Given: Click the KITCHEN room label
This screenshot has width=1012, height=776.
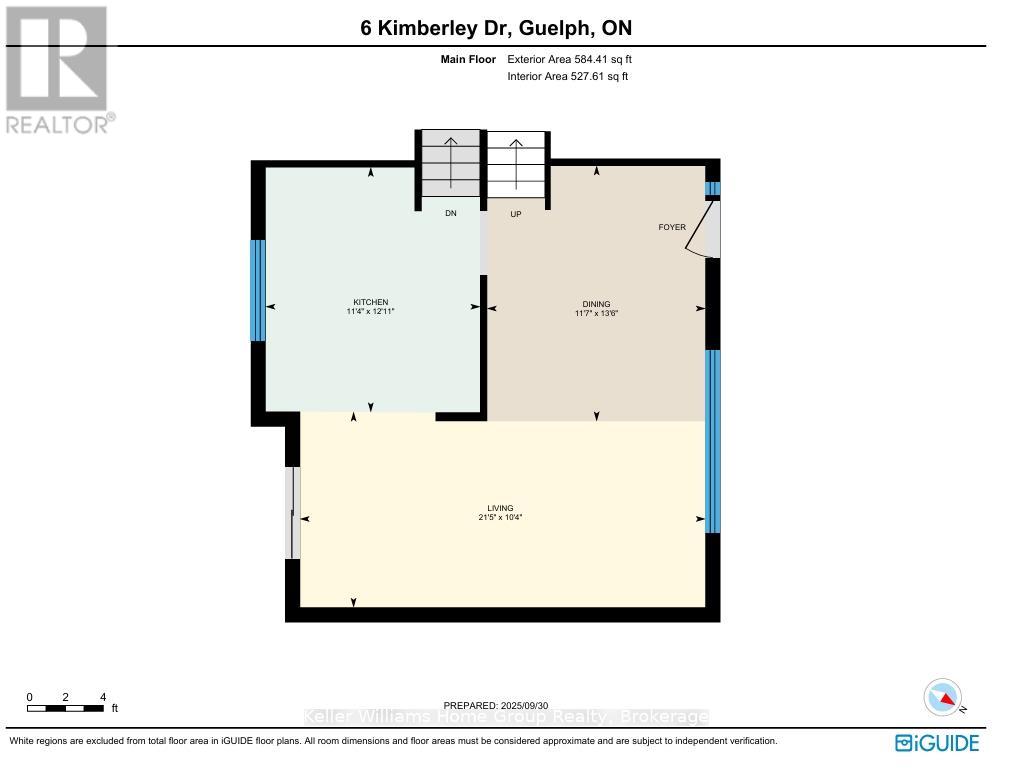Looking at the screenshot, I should (x=370, y=302).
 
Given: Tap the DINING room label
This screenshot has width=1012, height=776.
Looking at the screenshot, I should (x=596, y=304).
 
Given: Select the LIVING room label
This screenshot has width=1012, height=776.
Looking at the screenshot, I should (x=500, y=508).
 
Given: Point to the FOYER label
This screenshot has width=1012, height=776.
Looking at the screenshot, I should (x=672, y=227).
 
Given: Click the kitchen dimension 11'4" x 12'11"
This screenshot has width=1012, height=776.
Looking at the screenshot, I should (x=370, y=312).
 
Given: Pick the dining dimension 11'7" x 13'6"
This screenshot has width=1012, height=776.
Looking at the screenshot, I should (x=596, y=313).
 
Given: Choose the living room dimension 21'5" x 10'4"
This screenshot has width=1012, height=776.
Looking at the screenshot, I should (x=500, y=517).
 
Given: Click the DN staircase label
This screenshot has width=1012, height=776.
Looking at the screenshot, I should (x=451, y=213).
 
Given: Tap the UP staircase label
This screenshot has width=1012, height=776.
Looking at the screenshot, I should (x=516, y=213).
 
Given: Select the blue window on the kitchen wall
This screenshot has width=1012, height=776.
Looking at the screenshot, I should (x=258, y=290).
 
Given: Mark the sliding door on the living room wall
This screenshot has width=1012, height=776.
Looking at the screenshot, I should (x=292, y=513).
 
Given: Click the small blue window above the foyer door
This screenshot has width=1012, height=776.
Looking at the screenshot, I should (x=712, y=188).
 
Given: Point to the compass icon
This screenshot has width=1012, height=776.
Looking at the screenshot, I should (x=943, y=697).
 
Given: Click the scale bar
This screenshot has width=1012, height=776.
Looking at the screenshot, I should (x=66, y=708).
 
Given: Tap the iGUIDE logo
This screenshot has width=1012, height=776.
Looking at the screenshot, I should (x=937, y=742).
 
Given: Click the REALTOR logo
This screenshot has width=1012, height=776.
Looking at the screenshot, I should (x=58, y=70).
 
